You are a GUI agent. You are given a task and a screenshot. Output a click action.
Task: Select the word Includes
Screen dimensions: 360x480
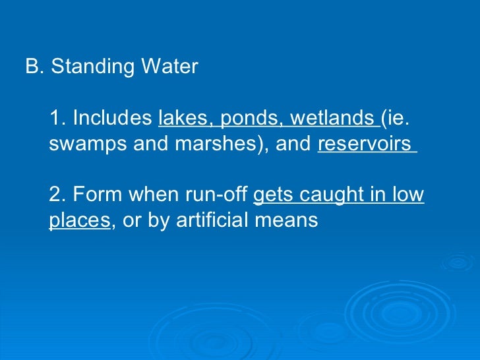tap(113, 119)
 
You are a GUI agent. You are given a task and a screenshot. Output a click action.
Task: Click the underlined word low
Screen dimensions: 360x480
tap(409, 195)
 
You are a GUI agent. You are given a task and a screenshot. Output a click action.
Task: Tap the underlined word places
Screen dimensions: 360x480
tap(79, 221)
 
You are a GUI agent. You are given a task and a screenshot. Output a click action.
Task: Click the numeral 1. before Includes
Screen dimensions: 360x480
tap(58, 119)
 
